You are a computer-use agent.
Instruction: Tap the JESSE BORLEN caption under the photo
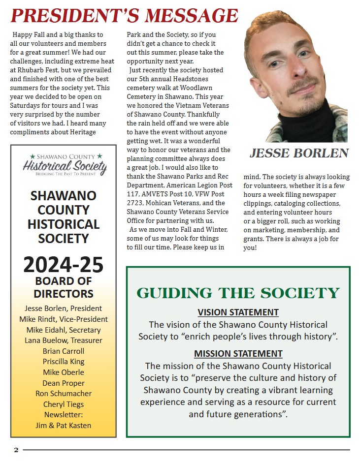coord(299,154)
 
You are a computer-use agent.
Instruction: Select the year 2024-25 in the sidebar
coord(64,265)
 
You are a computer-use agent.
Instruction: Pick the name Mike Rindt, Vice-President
coord(64,319)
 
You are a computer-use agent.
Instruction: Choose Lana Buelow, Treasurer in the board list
coord(64,340)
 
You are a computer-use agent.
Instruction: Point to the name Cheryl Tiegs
coord(64,404)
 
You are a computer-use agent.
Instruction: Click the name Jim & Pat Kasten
coord(64,425)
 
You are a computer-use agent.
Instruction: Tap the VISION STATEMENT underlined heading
coord(238,312)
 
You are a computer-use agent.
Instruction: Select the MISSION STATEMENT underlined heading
coord(238,353)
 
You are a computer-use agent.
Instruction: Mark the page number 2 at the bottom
coord(16,450)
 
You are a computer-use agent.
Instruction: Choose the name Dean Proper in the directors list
coord(64,383)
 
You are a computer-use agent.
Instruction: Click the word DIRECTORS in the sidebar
coord(64,294)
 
